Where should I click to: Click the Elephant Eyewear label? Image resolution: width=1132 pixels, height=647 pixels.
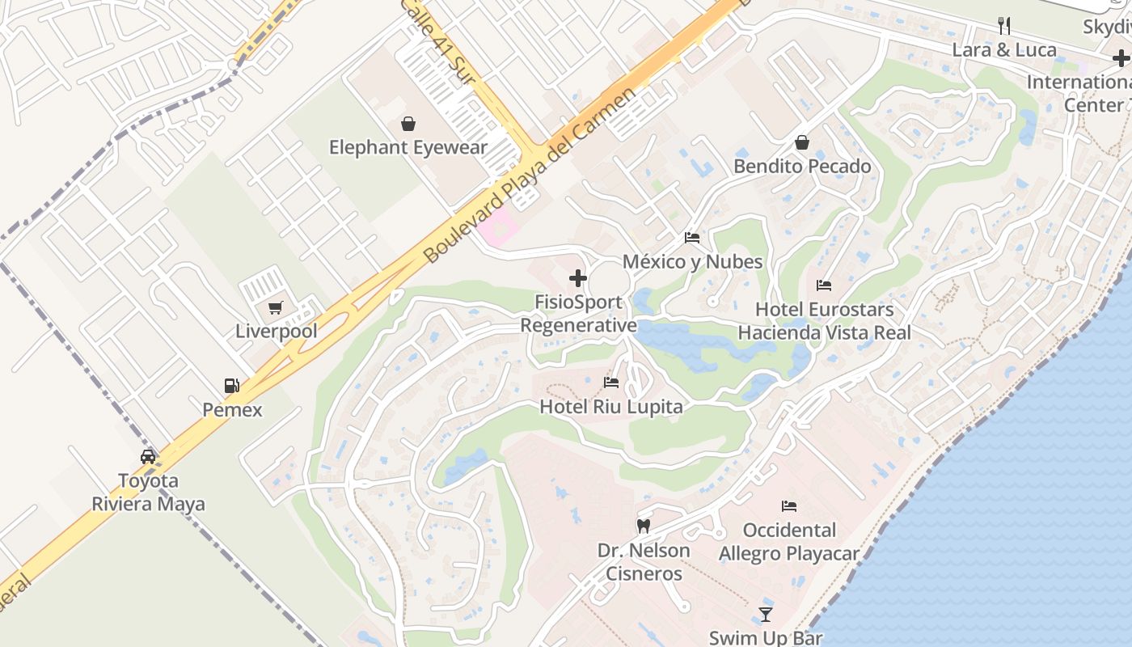click(x=408, y=147)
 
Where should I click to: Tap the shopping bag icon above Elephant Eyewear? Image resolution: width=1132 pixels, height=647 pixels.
click(x=408, y=124)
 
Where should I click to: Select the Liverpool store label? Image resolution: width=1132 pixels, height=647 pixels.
click(x=276, y=332)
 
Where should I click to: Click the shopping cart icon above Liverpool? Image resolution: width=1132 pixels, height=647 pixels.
click(x=276, y=308)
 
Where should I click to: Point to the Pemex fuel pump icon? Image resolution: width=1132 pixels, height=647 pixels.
click(x=232, y=386)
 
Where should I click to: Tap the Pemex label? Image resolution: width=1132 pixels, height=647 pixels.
click(x=232, y=409)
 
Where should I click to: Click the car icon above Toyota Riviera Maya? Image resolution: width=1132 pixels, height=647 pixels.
click(x=148, y=456)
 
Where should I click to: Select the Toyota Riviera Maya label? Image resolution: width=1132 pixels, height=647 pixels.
click(x=148, y=493)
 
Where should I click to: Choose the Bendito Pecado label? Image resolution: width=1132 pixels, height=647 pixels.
click(x=802, y=167)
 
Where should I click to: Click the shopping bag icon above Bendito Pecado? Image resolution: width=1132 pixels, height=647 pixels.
click(x=802, y=143)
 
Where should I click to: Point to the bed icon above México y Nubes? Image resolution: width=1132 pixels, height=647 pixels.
click(x=692, y=238)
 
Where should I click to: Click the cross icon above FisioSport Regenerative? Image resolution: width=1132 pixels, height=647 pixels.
click(x=578, y=278)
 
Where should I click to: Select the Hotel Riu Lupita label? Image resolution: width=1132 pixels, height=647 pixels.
click(x=611, y=407)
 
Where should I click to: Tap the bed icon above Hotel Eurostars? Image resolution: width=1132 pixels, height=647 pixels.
click(x=824, y=285)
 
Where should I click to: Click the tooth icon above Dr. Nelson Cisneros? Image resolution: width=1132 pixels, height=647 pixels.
click(x=644, y=526)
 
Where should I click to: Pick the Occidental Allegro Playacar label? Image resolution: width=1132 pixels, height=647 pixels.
click(x=789, y=542)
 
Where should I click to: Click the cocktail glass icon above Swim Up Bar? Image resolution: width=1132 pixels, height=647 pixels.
click(x=766, y=615)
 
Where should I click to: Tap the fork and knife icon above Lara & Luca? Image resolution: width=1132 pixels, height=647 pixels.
click(x=1004, y=26)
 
